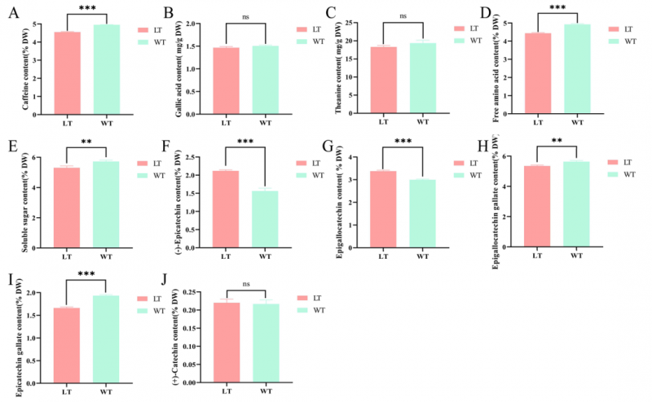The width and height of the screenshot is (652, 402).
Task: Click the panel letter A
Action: pyautogui.click(x=9, y=11)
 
